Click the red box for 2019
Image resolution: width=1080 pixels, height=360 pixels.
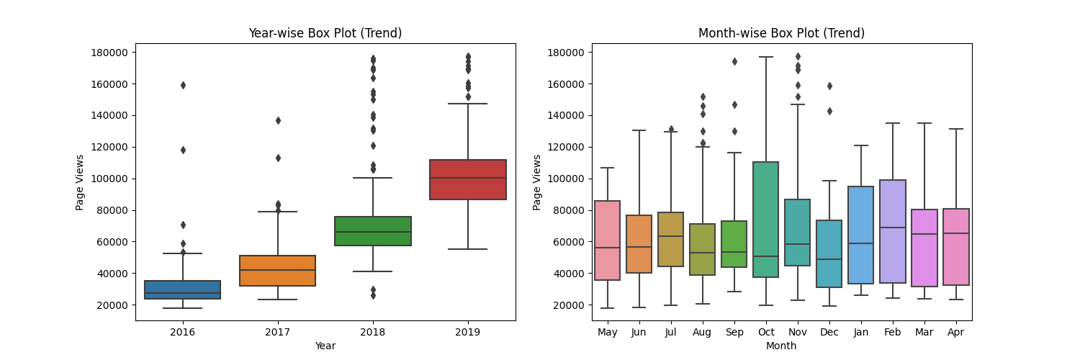tap(468, 179)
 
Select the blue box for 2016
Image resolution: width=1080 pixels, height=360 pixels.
tap(183, 289)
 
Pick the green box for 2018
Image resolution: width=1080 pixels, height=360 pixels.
tap(373, 230)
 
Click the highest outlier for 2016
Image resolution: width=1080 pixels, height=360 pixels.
tap(183, 85)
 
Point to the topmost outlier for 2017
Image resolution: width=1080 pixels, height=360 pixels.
tap(278, 120)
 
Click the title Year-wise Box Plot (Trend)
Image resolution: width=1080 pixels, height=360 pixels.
tap(325, 33)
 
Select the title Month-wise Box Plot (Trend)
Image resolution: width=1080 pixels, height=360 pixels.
tap(781, 33)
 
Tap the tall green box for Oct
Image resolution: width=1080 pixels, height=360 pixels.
tap(766, 220)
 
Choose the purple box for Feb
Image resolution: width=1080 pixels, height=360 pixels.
tap(893, 231)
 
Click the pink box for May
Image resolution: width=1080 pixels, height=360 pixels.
tap(608, 240)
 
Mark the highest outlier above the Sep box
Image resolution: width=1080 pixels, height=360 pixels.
tap(734, 61)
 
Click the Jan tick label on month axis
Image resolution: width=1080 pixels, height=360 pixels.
tap(861, 333)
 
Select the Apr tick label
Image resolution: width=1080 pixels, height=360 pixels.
tap(956, 333)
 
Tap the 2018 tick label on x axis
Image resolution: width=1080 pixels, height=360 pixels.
tap(373, 333)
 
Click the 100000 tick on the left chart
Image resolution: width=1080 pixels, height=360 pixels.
tap(109, 179)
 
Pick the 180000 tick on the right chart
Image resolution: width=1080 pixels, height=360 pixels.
tap(566, 53)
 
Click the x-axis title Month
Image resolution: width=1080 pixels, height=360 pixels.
tap(781, 346)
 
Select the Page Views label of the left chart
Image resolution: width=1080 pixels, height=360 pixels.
tap(80, 182)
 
